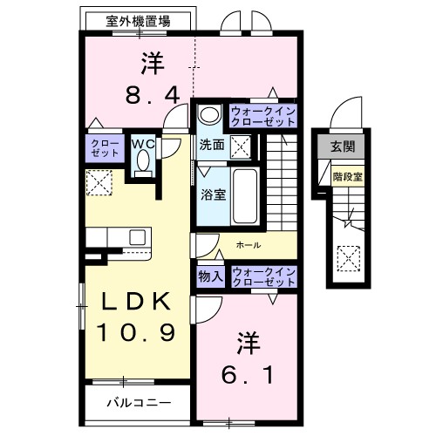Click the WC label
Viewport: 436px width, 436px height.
coord(143,143)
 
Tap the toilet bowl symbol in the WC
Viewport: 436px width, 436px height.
coord(144,162)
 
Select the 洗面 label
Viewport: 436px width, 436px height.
coord(211,145)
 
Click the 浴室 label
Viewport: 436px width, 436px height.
coord(213,194)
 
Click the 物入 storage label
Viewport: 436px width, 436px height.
coord(211,276)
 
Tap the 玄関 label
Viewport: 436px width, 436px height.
coord(343,146)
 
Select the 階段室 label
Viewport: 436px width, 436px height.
coord(346,174)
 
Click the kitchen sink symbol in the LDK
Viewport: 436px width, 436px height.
coord(137,235)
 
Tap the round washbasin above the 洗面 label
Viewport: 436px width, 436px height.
coord(208,116)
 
